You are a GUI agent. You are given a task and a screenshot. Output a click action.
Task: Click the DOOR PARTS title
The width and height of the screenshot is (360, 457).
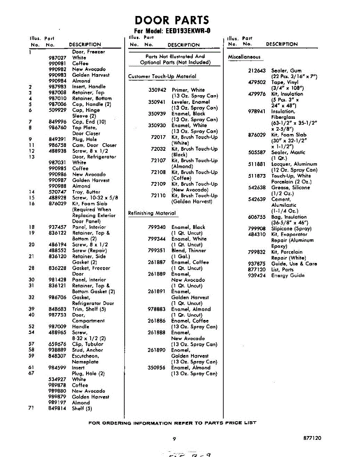pyautogui.click(x=172, y=20)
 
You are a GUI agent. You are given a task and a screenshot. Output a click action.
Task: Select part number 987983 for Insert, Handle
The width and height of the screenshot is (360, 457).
pyautogui.click(x=58, y=87)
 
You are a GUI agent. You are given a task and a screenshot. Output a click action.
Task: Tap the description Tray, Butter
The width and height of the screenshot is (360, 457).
pyautogui.click(x=86, y=192)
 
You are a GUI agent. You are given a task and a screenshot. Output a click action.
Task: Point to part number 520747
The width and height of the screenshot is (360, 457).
pyautogui.click(x=58, y=192)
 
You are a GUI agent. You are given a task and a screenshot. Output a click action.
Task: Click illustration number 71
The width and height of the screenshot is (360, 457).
pyautogui.click(x=31, y=408)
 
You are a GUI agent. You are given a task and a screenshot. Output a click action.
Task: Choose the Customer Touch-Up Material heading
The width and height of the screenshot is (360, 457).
pyautogui.click(x=162, y=77)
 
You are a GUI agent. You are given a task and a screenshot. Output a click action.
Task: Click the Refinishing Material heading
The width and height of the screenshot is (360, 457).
pyautogui.click(x=152, y=213)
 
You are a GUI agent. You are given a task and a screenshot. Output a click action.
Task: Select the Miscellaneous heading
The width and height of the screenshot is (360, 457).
pyautogui.click(x=244, y=57)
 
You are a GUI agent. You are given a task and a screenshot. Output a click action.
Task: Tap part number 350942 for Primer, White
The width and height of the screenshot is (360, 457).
pyautogui.click(x=157, y=90)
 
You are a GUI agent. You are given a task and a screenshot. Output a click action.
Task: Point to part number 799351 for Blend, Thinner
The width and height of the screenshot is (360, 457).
pyautogui.click(x=157, y=251)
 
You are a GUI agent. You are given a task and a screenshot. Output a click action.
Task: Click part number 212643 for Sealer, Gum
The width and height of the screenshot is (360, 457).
pyautogui.click(x=257, y=71)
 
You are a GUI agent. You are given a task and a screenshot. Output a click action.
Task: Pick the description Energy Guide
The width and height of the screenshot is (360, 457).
pyautogui.click(x=288, y=275)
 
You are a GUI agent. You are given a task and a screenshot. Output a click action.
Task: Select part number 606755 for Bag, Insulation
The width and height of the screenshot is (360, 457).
pyautogui.click(x=257, y=217)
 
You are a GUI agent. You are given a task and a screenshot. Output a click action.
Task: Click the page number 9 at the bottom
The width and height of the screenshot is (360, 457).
pyautogui.click(x=174, y=439)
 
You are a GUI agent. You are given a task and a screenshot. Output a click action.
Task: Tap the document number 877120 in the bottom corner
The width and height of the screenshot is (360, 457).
pyautogui.click(x=312, y=438)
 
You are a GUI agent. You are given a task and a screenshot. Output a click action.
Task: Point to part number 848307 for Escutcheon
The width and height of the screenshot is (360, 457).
pyautogui.click(x=58, y=356)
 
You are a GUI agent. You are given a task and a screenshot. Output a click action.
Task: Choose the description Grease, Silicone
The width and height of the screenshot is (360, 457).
pyautogui.click(x=290, y=188)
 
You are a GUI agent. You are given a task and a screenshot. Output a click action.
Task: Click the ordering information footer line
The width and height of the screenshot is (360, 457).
pyautogui.click(x=172, y=423)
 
